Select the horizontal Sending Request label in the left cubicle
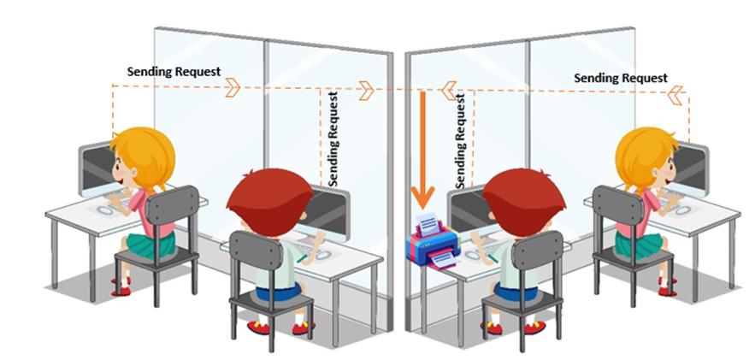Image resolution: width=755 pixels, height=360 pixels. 174,71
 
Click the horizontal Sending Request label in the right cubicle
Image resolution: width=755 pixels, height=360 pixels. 620,78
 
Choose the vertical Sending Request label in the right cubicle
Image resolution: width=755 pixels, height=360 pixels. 462,141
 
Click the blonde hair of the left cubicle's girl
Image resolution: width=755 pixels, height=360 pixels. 145,154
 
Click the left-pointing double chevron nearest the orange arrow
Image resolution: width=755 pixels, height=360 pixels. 449,89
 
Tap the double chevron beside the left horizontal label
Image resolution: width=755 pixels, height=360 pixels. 233,87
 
